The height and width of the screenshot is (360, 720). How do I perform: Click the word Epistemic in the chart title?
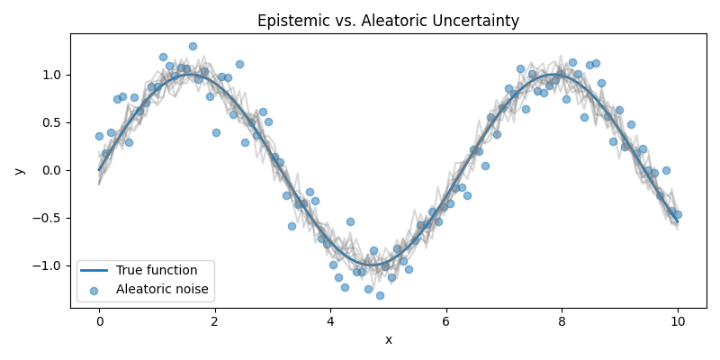point(288,21)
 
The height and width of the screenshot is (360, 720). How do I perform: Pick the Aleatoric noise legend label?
point(162,289)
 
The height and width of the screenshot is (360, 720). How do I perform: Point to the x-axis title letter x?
point(389,339)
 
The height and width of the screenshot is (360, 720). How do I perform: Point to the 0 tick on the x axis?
point(99,320)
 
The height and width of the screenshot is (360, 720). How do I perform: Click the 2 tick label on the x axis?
point(215,320)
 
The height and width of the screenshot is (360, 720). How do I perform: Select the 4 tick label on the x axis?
point(330,320)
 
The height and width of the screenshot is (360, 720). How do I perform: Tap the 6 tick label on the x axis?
point(446,320)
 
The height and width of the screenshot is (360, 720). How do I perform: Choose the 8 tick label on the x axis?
point(562,320)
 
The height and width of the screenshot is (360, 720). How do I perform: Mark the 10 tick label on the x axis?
point(678,320)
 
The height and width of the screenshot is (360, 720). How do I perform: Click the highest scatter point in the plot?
point(193,46)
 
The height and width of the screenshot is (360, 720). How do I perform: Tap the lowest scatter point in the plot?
point(380,295)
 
